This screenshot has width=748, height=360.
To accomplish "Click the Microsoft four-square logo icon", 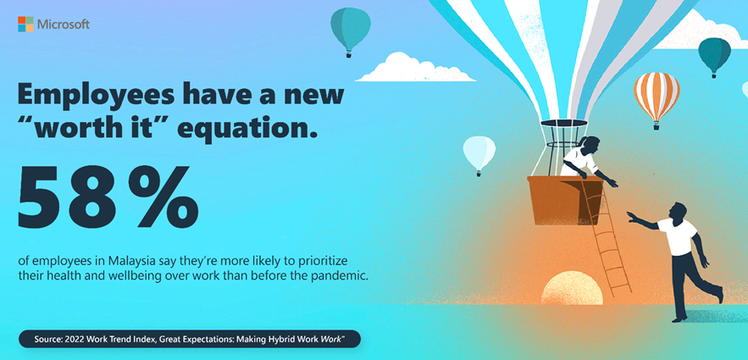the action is [25, 25].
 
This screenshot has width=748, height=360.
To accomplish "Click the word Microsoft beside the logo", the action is [63, 25].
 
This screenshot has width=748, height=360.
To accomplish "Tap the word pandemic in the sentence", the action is [346, 276].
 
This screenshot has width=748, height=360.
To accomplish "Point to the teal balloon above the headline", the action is [351, 32].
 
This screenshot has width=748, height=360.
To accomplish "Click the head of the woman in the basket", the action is [590, 143].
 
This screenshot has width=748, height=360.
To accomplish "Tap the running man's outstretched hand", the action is [633, 216].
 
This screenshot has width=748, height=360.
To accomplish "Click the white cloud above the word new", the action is [414, 68].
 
